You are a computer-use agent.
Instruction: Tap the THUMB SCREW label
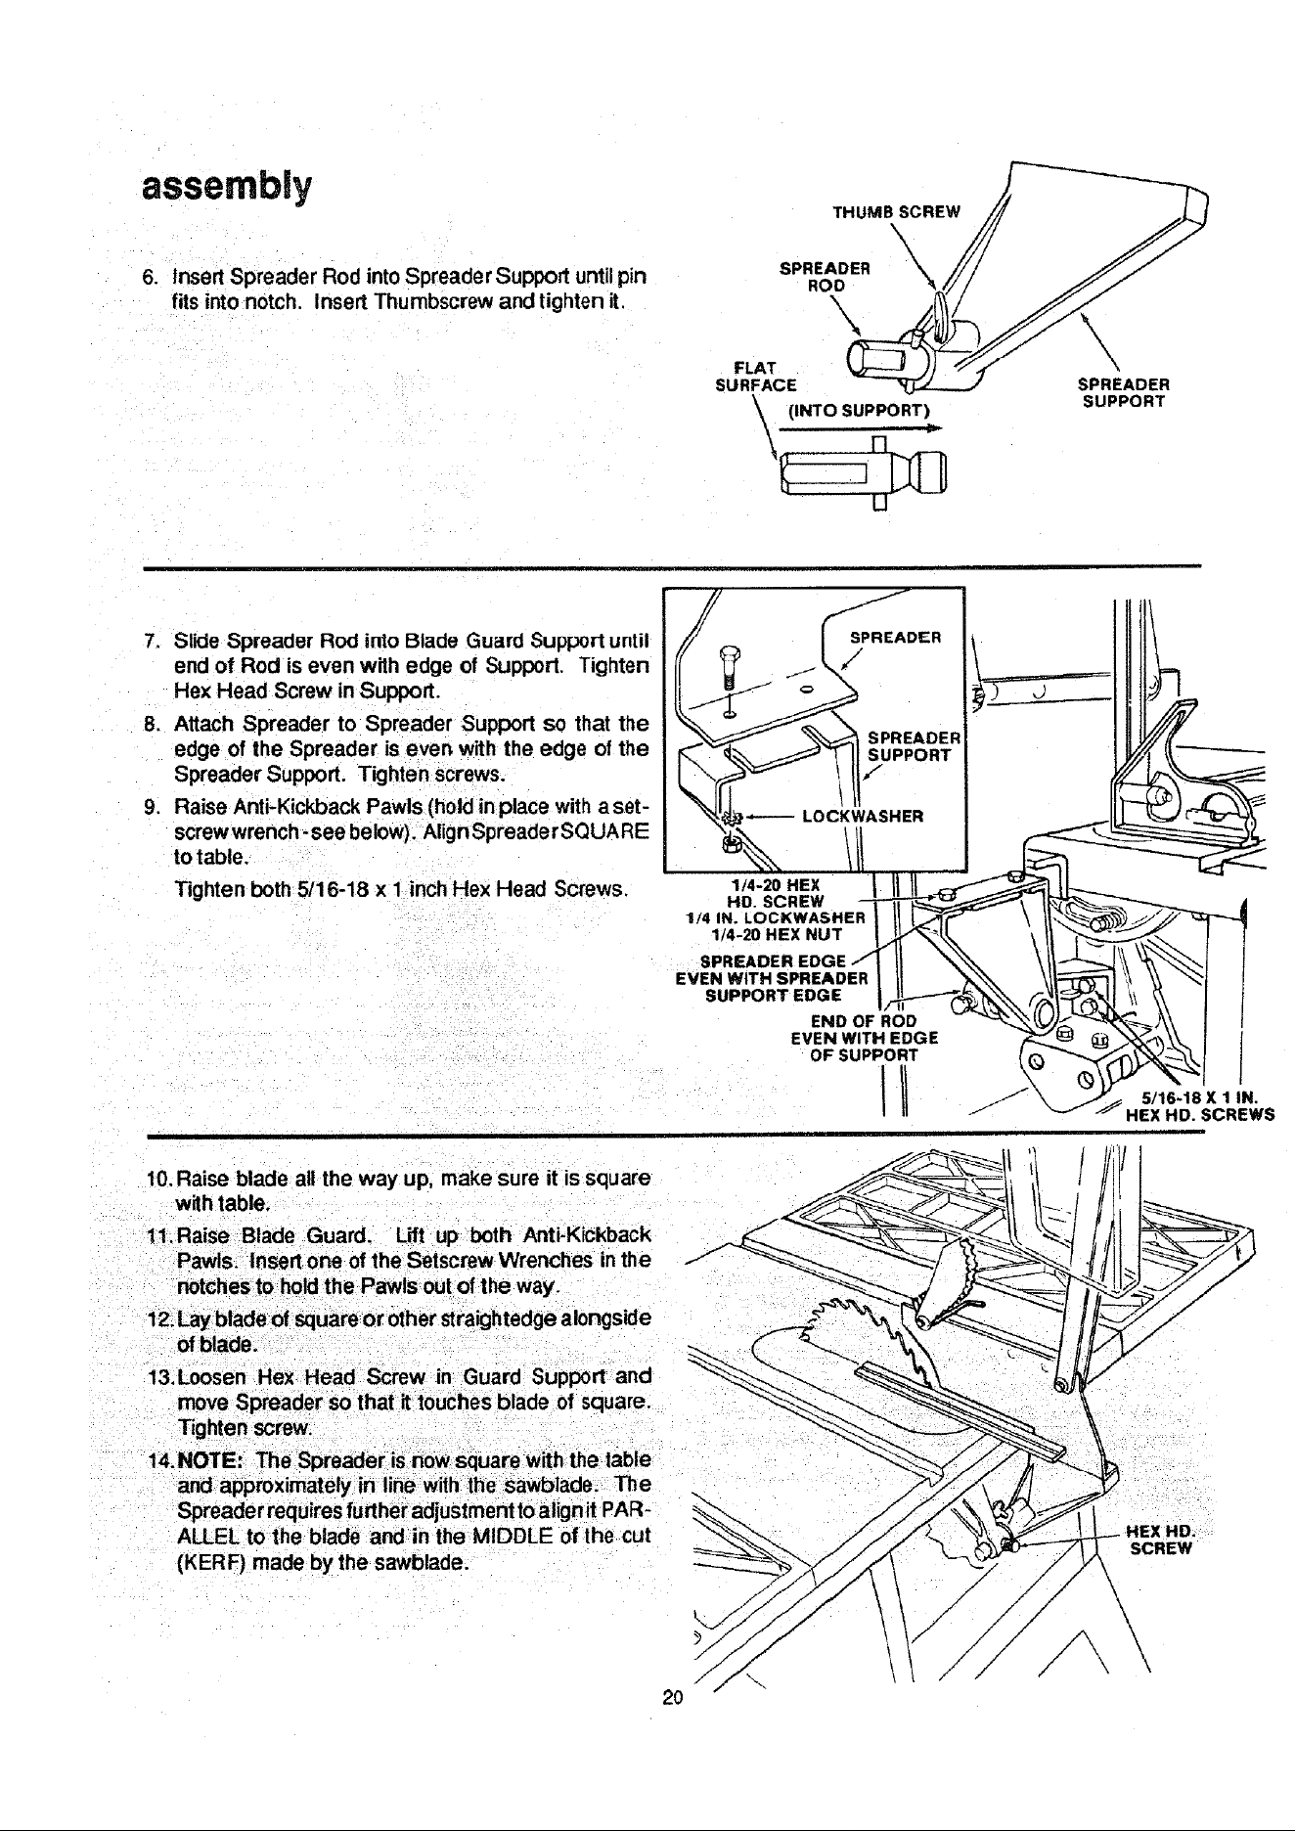[896, 211]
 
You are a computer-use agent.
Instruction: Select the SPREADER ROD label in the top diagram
[825, 277]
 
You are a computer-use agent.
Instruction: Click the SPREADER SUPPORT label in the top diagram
[1124, 393]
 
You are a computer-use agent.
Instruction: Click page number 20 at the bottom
[672, 1697]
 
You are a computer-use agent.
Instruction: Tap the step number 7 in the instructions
[151, 642]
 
